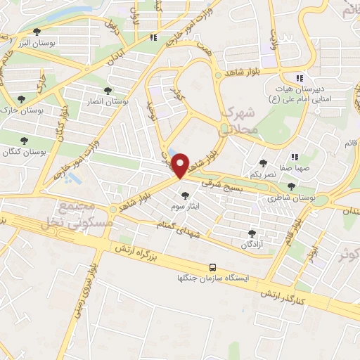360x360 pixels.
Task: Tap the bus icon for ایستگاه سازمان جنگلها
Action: tap(212, 267)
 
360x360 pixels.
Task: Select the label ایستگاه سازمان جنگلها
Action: tap(212, 278)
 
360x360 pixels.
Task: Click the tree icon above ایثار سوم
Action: tap(186, 195)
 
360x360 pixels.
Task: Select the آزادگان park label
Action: tap(252, 244)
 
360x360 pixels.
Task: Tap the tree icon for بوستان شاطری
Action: tap(292, 186)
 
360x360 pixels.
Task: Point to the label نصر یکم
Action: tap(262, 174)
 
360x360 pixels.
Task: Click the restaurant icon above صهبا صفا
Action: tap(296, 157)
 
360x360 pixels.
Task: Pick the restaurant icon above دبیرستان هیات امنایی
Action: tap(299, 78)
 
